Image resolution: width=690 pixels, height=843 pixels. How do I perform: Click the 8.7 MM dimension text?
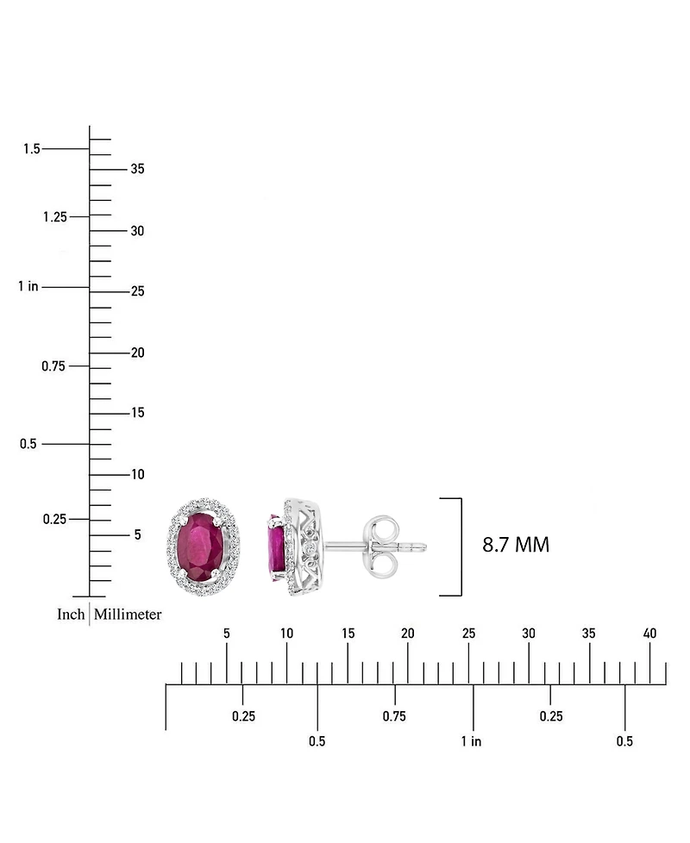tap(515, 545)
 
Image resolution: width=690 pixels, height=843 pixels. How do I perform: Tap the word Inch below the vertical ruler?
tap(71, 614)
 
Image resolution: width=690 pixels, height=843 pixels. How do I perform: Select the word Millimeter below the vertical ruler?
tap(128, 614)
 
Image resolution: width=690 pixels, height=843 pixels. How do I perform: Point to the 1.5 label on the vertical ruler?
tap(32, 148)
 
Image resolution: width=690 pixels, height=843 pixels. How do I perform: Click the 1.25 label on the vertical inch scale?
tap(55, 216)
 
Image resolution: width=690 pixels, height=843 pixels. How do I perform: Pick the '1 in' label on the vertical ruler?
tap(28, 286)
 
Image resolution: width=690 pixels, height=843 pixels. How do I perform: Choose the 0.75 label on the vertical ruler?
tap(53, 366)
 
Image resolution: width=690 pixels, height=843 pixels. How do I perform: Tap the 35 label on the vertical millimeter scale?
tap(138, 169)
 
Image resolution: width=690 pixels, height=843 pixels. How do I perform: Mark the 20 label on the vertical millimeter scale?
tap(138, 353)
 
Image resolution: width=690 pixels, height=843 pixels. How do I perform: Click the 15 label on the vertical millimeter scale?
tap(138, 412)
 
